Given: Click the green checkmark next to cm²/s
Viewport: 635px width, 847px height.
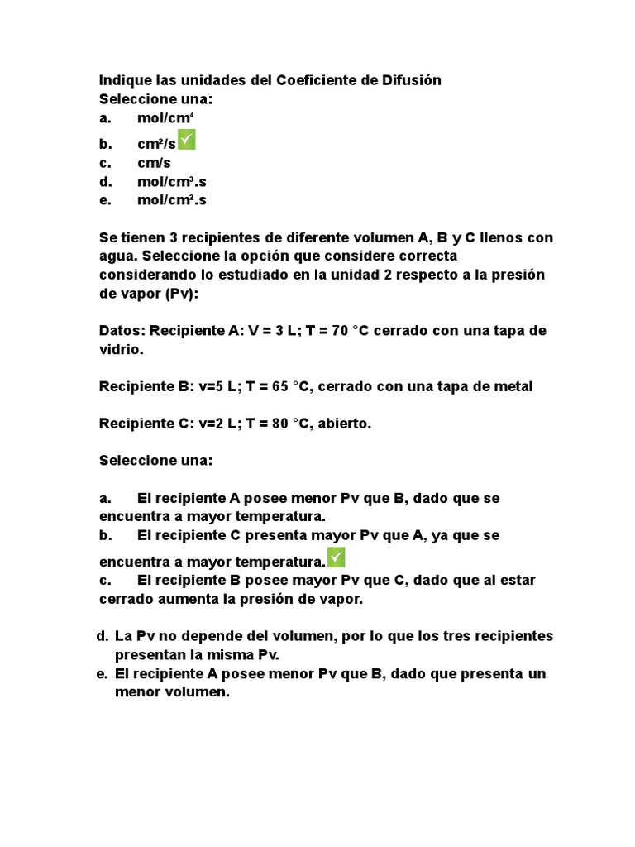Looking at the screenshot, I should [186, 140].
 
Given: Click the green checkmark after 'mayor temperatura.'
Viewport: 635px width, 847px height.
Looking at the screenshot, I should [336, 557].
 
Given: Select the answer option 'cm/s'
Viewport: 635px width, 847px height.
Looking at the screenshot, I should [154, 163].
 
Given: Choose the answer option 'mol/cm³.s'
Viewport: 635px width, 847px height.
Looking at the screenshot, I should [171, 181].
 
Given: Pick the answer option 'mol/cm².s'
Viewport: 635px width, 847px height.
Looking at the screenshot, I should [171, 200].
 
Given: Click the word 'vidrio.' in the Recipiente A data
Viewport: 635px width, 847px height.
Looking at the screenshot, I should [122, 350].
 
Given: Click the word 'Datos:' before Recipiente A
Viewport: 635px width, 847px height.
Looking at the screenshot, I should [121, 331].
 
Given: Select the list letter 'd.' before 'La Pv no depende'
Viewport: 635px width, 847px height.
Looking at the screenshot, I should [103, 636].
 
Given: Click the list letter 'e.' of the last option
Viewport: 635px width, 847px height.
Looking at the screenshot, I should [103, 673].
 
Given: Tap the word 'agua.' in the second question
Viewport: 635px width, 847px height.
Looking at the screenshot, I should [117, 256].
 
